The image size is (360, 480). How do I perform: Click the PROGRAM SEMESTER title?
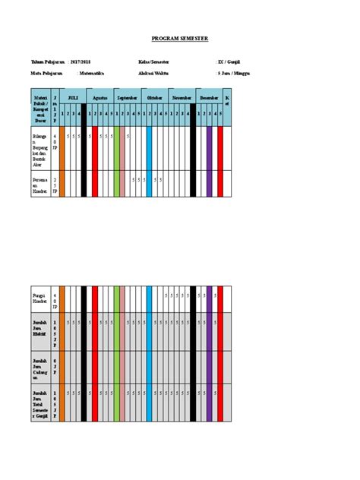[x=179, y=38]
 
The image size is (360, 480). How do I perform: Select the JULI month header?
[x=73, y=98]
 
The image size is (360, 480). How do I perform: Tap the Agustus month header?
[x=100, y=98]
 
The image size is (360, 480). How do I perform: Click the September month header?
[x=127, y=98]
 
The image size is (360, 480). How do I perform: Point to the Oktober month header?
[x=154, y=98]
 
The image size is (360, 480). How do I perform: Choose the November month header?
[x=182, y=98]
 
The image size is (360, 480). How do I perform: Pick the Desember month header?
[x=208, y=98]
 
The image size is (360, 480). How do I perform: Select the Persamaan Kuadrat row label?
[x=40, y=183]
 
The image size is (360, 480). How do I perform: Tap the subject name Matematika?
[x=92, y=73]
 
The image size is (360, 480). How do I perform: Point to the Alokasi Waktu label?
[x=153, y=73]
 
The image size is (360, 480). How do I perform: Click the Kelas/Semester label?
[x=154, y=59]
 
